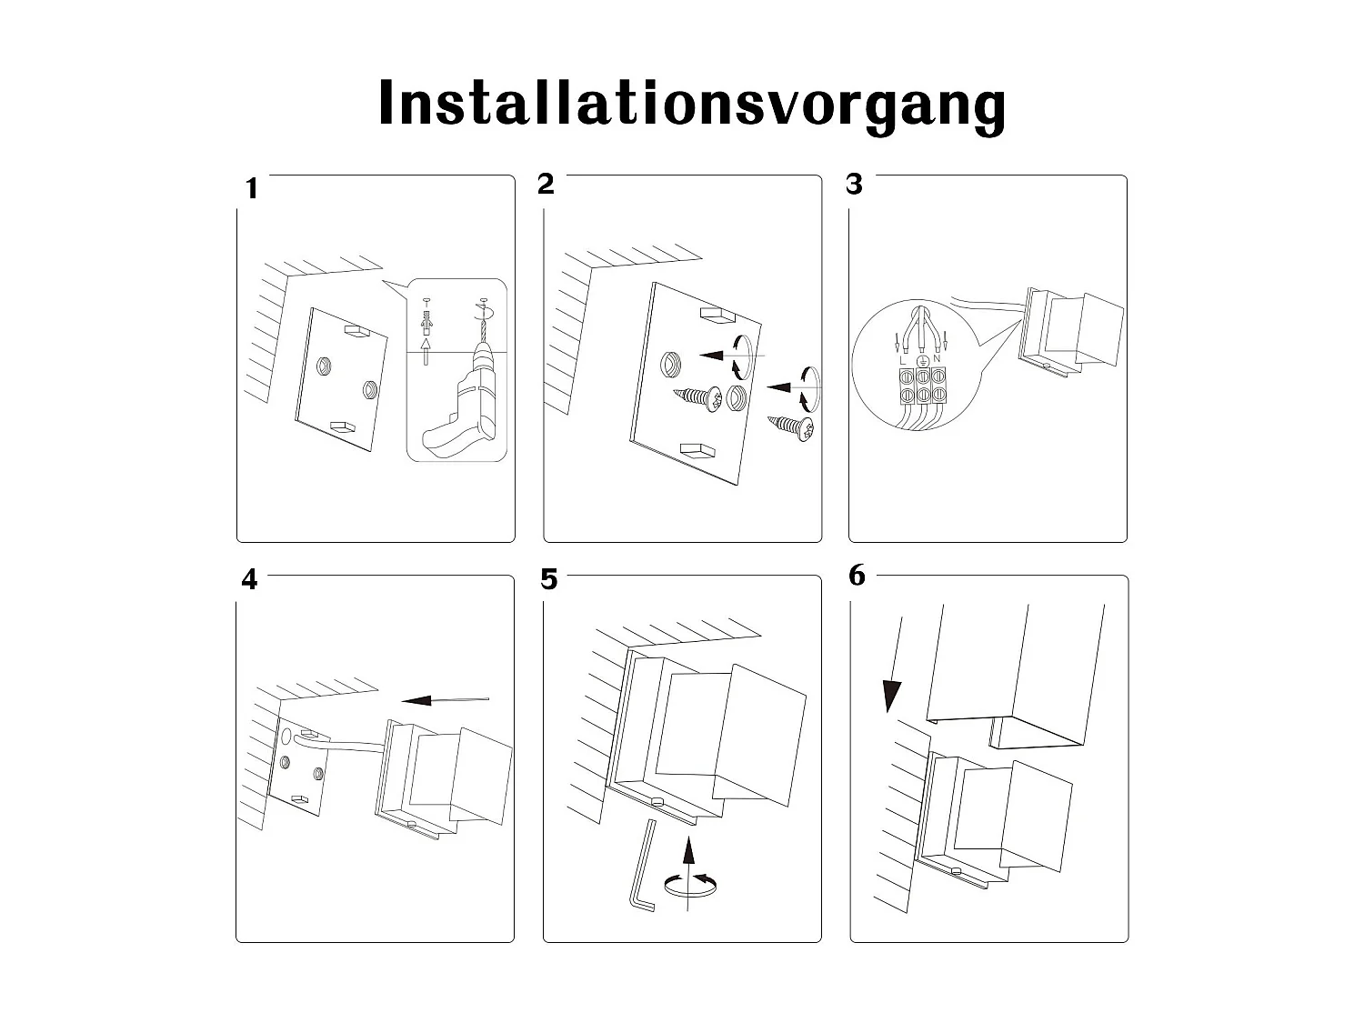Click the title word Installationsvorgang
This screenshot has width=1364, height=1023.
[x=691, y=104]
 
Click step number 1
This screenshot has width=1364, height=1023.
[x=252, y=189]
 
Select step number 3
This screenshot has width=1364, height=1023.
[x=854, y=184]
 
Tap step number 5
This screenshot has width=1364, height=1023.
[x=548, y=579]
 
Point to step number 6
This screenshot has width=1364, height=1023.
[x=857, y=576]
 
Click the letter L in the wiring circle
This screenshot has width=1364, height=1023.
[x=902, y=360]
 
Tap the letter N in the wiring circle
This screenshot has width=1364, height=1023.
[x=937, y=359]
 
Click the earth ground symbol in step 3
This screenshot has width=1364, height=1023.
[x=922, y=360]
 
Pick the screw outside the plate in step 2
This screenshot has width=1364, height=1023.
[x=792, y=428]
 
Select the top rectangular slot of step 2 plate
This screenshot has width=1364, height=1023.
[x=716, y=316]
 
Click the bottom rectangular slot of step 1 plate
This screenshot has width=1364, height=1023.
[x=343, y=426]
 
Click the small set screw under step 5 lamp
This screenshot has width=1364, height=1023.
[x=656, y=800]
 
